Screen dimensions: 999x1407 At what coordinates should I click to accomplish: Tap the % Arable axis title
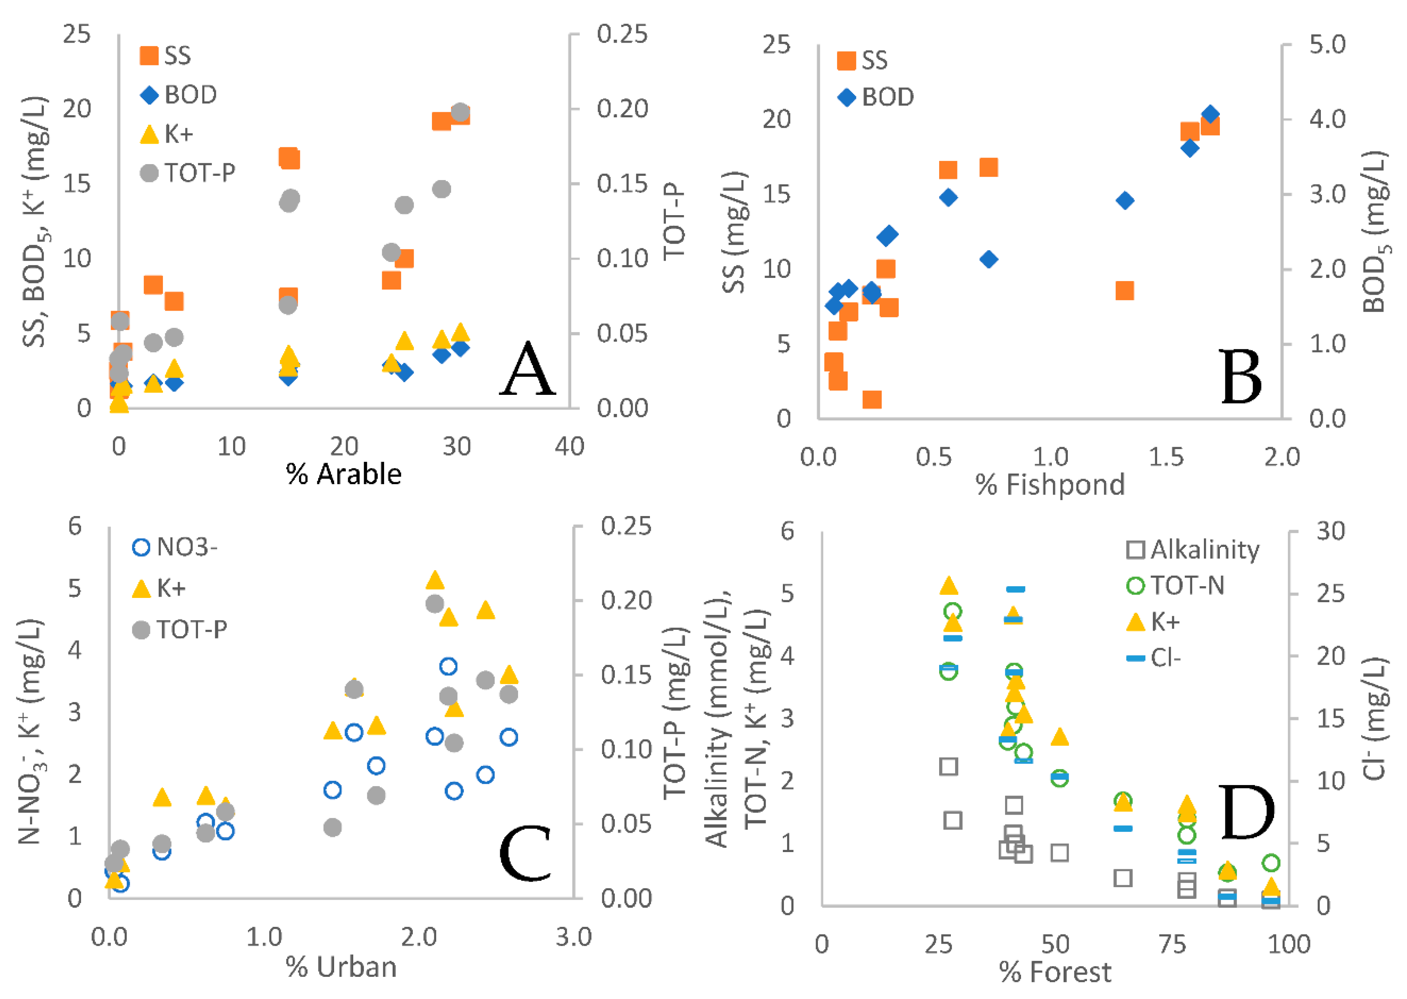(344, 474)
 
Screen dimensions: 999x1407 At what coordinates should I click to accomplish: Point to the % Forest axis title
(1055, 972)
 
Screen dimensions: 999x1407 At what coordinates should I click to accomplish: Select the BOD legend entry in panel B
(876, 97)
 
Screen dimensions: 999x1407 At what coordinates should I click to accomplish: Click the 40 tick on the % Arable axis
(569, 447)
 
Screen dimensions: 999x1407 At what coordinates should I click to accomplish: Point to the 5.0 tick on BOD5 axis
(1327, 44)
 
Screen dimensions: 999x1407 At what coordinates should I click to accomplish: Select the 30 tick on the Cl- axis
(1330, 531)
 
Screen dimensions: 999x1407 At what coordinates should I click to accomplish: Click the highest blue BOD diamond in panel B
(1210, 115)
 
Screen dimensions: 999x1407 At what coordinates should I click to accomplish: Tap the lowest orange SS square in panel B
(872, 400)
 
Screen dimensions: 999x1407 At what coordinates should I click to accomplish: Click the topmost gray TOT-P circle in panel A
(460, 112)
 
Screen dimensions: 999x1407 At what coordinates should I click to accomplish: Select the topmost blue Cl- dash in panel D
(1015, 589)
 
